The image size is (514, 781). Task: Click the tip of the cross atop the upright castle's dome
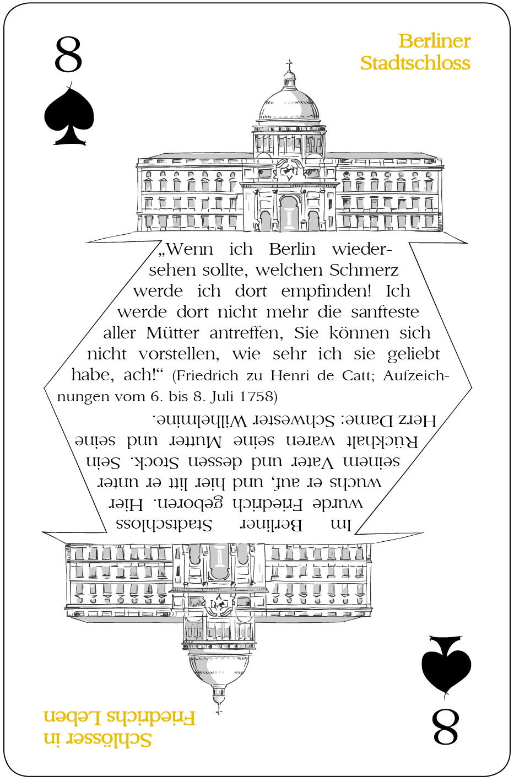[x=289, y=60]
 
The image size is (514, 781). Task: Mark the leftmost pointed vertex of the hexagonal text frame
[x=44, y=387]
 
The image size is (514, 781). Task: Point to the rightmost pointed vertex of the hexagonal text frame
[x=472, y=387]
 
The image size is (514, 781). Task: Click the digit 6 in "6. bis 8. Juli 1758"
[x=154, y=396]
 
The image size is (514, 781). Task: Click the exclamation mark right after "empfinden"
[x=369, y=290]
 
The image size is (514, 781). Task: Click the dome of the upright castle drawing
[x=289, y=104]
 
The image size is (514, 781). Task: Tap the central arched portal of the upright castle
[x=289, y=213]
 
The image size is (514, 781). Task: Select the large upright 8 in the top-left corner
[x=68, y=55]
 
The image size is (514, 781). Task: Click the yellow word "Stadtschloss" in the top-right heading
[x=415, y=63]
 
